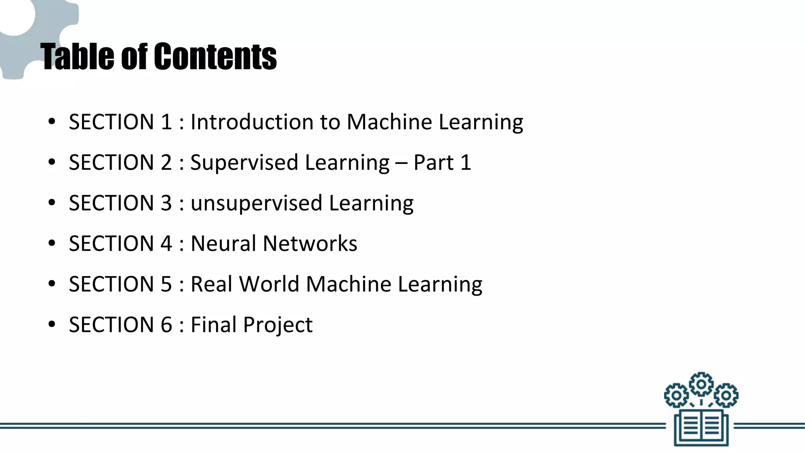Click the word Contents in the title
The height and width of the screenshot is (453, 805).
coord(215,57)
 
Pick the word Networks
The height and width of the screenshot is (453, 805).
coord(310,243)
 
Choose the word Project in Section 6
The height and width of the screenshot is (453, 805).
coord(278,325)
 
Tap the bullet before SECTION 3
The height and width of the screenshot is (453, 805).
coord(51,203)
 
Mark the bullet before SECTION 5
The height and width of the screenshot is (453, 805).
coord(51,284)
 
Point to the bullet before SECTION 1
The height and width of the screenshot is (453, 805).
coord(51,122)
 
